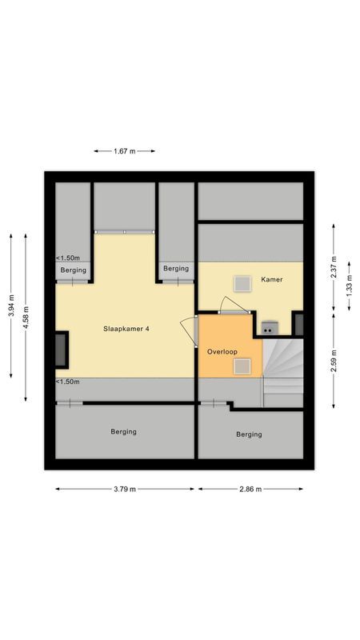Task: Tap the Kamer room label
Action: click(272, 280)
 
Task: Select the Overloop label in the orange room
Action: click(222, 351)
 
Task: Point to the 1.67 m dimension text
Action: click(125, 150)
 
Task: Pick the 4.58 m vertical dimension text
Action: click(26, 318)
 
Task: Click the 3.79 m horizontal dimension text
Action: click(124, 489)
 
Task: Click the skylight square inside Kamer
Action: click(241, 283)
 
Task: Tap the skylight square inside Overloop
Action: click(242, 366)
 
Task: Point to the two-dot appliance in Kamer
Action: click(268, 326)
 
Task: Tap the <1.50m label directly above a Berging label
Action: click(67, 258)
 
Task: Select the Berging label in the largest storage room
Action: click(124, 431)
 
